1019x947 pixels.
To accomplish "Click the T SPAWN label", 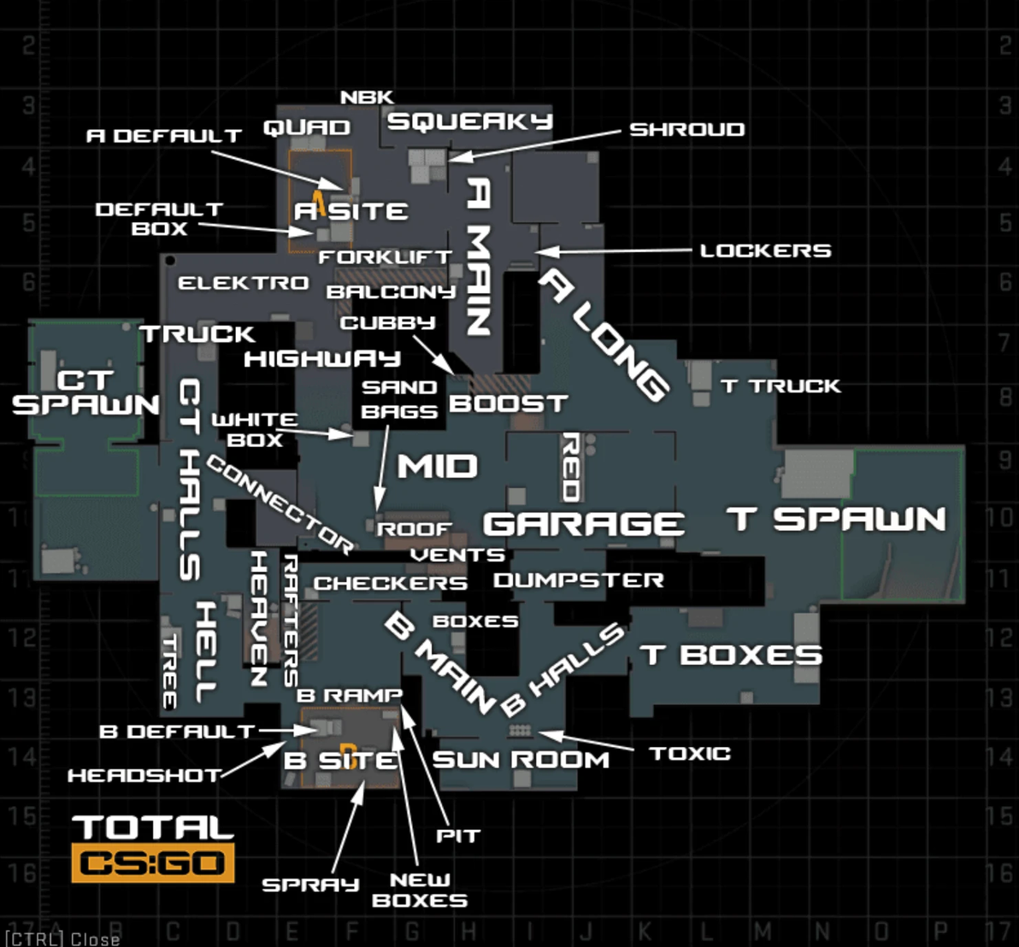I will tap(837, 519).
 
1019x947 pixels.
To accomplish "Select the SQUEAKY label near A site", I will tap(470, 121).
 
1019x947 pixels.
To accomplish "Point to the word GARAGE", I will tap(584, 523).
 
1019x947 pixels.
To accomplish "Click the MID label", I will tap(437, 467).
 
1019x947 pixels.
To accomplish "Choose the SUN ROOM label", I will tap(521, 759).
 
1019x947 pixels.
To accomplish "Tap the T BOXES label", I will tap(731, 655).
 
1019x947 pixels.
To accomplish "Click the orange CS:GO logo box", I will tap(153, 863).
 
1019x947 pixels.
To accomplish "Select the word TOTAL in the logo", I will tap(153, 826).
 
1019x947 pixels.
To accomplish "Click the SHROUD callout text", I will tap(686, 129).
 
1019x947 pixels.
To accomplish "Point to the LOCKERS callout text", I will tap(765, 250).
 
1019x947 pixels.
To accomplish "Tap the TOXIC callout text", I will tap(690, 753).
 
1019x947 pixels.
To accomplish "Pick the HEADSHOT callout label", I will tap(144, 775).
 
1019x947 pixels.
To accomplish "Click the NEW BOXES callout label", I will tap(420, 890).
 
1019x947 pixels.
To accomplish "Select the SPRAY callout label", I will tap(310, 885).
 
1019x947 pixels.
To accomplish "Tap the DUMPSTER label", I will tap(579, 580).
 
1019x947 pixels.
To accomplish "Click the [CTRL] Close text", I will tap(62, 938).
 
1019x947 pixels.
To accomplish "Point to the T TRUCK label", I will tap(780, 386).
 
